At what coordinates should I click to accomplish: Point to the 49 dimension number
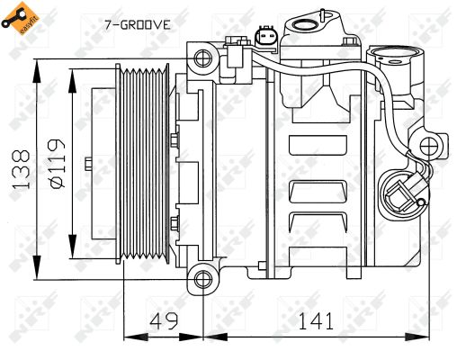pyautogui.click(x=162, y=319)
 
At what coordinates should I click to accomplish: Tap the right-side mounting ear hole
pyautogui.click(x=432, y=144)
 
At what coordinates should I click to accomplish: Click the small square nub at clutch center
pyautogui.click(x=87, y=164)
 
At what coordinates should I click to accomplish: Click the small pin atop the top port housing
pyautogui.click(x=318, y=11)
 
